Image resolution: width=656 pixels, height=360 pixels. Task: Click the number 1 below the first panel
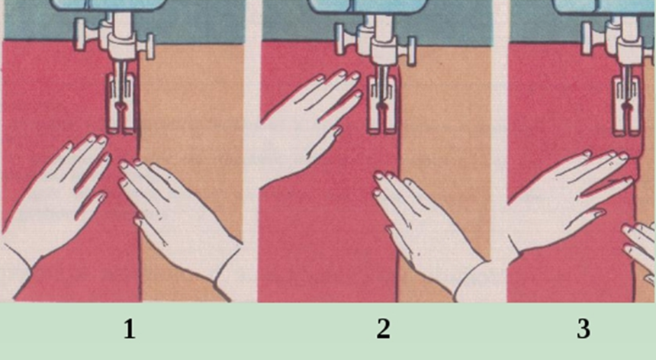pyautogui.click(x=130, y=329)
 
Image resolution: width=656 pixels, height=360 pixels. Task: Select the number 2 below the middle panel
pyautogui.click(x=384, y=329)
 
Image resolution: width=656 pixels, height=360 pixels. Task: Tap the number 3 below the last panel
pyautogui.click(x=584, y=329)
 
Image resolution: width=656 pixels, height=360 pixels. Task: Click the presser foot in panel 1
pyautogui.click(x=120, y=103)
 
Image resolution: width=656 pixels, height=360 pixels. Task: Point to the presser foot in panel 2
pyautogui.click(x=381, y=105)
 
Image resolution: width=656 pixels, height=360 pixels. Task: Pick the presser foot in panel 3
pyautogui.click(x=627, y=105)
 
